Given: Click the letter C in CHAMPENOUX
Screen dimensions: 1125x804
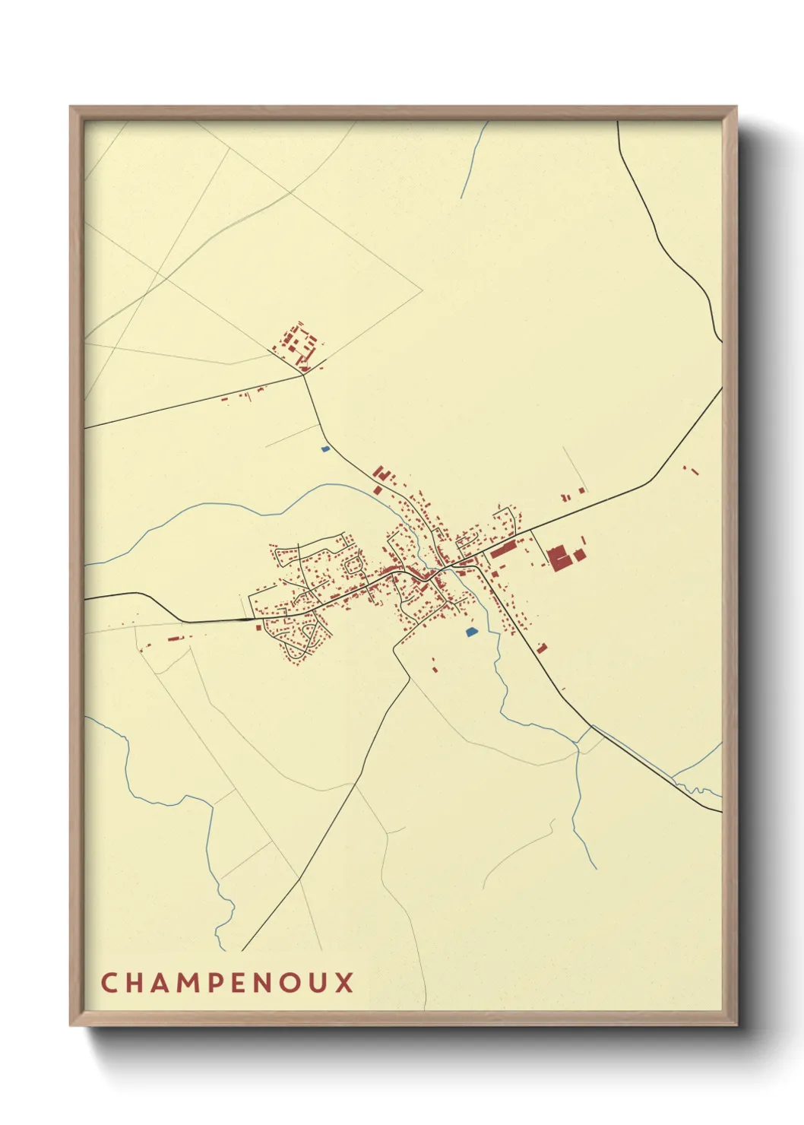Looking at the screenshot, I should pos(109,982).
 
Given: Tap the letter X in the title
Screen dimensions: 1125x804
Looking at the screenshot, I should pos(345,982).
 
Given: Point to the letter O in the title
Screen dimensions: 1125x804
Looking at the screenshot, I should pos(290,982).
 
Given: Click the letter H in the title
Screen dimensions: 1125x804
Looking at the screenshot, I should pos(134,982).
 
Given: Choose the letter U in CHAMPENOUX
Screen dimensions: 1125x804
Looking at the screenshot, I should pos(318,982).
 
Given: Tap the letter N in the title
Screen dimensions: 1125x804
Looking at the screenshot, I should pos(263,982).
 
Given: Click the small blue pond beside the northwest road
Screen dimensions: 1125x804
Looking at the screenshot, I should pos(326,448).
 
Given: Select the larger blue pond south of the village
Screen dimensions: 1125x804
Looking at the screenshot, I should pos(472,631).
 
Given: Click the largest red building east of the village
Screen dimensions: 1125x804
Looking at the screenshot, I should pos(559,557).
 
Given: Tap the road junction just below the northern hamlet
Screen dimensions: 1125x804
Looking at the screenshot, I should pos(305,373).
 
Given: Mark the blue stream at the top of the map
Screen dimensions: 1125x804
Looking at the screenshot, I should pos(473,160).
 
